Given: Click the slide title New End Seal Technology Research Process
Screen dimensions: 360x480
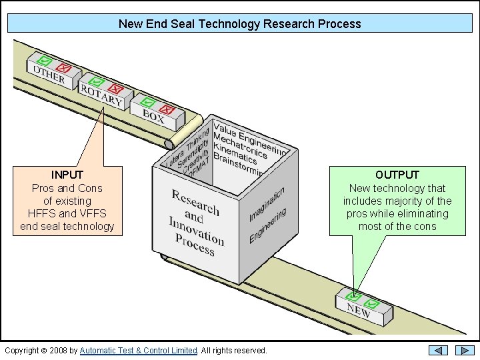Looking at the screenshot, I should tap(239, 24).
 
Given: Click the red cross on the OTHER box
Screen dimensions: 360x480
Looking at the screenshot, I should tap(64, 68).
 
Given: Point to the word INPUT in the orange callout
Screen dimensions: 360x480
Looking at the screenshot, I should tap(67, 175).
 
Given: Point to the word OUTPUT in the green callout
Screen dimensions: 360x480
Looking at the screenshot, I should tap(397, 175).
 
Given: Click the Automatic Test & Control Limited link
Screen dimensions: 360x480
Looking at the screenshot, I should tap(139, 351).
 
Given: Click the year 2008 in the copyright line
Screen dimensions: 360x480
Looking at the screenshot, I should tap(58, 351).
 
